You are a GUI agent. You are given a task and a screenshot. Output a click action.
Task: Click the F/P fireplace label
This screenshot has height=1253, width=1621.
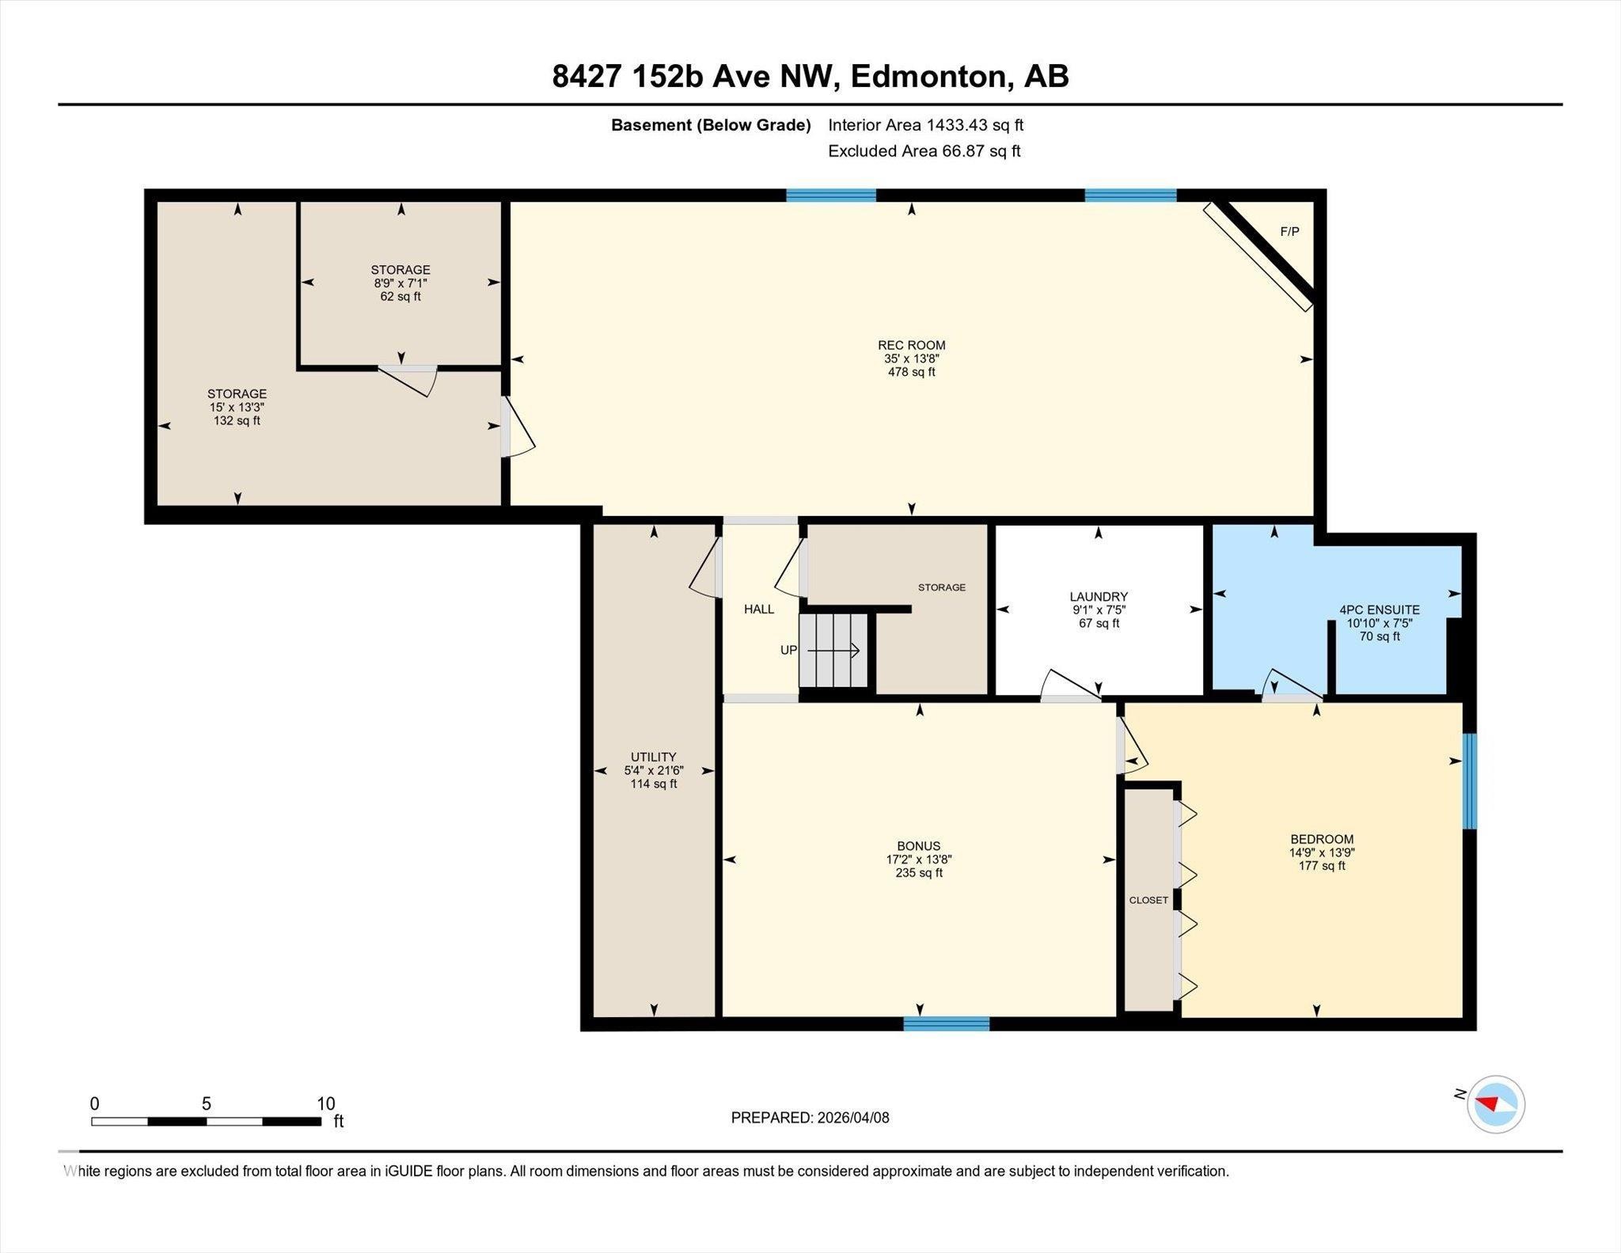point(1289,232)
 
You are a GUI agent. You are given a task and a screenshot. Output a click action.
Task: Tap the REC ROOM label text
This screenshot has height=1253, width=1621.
point(911,345)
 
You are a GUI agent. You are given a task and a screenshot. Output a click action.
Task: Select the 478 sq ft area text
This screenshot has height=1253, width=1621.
point(911,372)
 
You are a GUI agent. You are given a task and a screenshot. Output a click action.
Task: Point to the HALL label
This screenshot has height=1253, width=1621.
point(758,609)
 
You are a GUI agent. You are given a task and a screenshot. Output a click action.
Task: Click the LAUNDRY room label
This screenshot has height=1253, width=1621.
point(1098,597)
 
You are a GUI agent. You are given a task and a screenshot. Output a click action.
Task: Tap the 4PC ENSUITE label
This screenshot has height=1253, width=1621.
point(1379,609)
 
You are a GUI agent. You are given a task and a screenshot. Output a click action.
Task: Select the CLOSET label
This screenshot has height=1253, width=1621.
point(1148,900)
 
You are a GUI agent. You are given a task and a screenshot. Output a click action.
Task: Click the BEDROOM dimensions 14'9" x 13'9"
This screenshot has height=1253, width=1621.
point(1321,852)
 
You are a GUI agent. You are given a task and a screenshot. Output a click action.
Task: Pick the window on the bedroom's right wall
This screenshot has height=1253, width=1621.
point(1469,780)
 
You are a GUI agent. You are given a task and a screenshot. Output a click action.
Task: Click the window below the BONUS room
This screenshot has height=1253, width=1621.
point(946,1023)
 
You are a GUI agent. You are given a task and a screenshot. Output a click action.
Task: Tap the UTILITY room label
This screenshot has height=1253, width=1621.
point(653,757)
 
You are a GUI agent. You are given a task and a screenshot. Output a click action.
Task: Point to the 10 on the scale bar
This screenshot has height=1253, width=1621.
point(325,1103)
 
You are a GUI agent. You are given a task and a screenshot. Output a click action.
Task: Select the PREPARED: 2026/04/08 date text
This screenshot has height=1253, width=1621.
point(810,1118)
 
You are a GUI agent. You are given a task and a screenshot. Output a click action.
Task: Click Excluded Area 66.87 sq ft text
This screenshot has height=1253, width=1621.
point(924,151)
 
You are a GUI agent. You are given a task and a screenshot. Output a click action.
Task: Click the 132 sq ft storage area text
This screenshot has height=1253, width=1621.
point(237,421)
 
